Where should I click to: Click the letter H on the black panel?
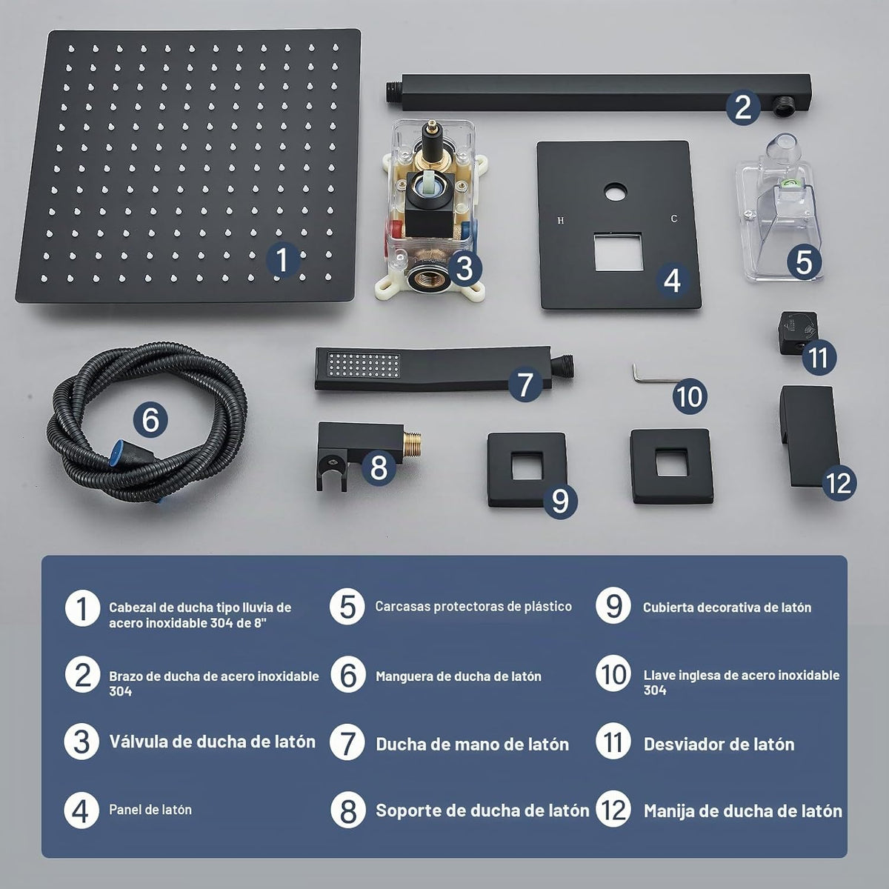(561, 221)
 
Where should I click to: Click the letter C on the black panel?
(674, 219)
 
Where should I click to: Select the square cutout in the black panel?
(618, 251)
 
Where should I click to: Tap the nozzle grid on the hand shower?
(362, 366)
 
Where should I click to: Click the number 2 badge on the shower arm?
(743, 107)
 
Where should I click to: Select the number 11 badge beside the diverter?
(819, 358)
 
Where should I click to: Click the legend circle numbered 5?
(347, 607)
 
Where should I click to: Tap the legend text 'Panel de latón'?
(150, 810)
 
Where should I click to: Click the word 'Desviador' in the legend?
(680, 745)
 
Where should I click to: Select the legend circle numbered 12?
(613, 810)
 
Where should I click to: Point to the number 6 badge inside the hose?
(150, 420)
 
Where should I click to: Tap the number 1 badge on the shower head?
(283, 260)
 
